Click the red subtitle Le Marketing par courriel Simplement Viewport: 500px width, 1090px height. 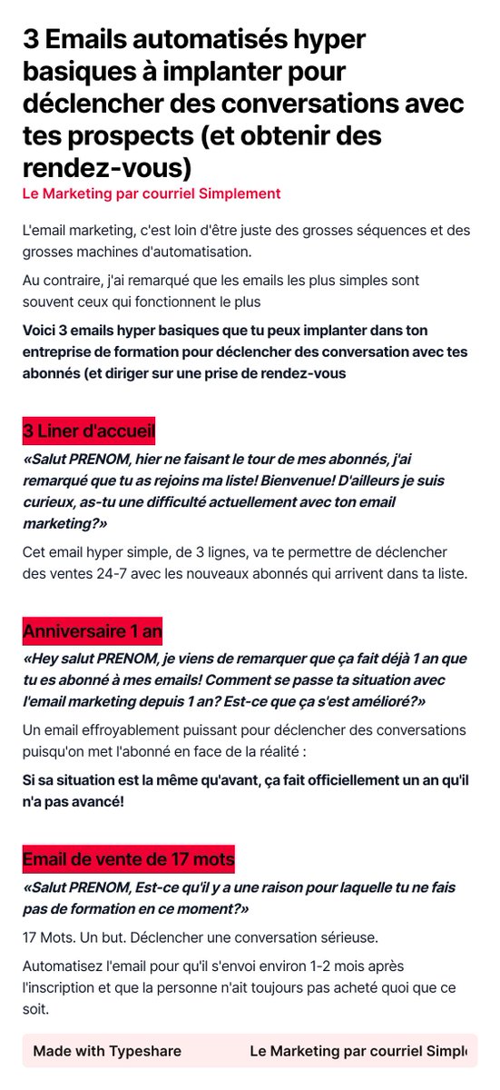(152, 193)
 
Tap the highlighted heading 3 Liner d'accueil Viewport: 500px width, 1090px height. (89, 429)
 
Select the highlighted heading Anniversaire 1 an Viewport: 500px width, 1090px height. (93, 630)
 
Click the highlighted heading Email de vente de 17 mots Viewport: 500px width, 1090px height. (128, 858)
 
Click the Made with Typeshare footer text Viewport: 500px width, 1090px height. (107, 1051)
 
